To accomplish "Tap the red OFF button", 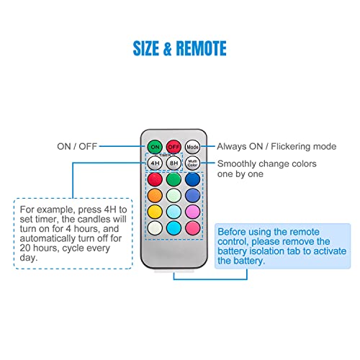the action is [x=174, y=147].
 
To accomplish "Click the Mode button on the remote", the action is [x=192, y=147].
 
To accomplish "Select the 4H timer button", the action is [x=155, y=163].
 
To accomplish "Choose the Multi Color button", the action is [x=192, y=163].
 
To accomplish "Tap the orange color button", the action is [x=155, y=195].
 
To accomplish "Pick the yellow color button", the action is [x=155, y=212].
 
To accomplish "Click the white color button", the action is [x=155, y=228].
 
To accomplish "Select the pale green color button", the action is [x=174, y=195].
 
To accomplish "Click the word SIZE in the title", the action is [x=146, y=48].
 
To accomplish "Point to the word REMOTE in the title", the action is [x=201, y=48].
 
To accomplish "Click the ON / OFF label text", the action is [x=77, y=146].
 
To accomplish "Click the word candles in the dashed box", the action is [x=95, y=219].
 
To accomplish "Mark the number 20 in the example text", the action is [x=25, y=248].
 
